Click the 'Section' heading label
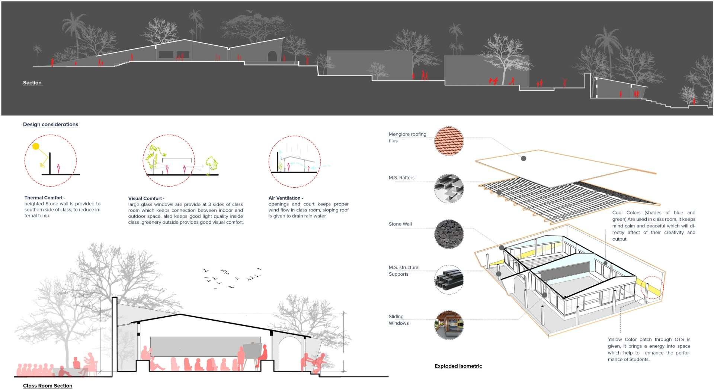[32, 83]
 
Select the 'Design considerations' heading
[51, 124]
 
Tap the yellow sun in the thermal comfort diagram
[36, 146]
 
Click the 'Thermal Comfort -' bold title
[45, 198]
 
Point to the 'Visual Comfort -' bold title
[146, 198]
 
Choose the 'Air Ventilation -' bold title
[286, 198]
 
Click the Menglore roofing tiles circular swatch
[449, 140]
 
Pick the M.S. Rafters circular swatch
[449, 188]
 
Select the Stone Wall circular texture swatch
[449, 234]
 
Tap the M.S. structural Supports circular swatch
[449, 279]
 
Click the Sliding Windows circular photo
[449, 325]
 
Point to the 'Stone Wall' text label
[400, 224]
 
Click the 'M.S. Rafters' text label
[401, 178]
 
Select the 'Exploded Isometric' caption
[458, 366]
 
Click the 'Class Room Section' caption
[48, 386]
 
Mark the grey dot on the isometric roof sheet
[524, 158]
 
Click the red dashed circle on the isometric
[651, 288]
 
